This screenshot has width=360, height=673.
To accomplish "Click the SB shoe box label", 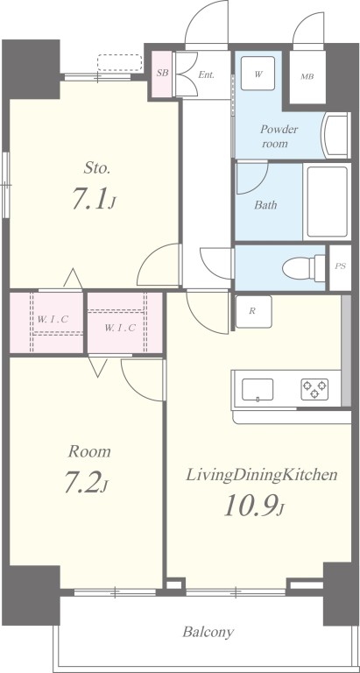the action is coord(162,73).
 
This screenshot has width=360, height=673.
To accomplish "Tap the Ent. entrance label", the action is coord(206,74).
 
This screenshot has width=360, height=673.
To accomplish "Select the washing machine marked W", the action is coord(258,74).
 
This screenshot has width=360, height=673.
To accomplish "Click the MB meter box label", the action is coord(307,77).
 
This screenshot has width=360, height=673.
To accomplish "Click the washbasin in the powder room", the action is coord(336,136).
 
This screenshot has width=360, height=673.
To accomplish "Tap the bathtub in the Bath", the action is coord(328,202).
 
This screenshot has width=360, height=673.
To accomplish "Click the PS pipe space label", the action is coord(340,266).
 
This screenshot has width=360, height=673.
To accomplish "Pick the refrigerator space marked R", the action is coord(254,312).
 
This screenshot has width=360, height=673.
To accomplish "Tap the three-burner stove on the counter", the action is coord(314,389).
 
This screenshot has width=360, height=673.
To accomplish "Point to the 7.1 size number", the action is coord(89,200).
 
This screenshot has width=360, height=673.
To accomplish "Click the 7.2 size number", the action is coord(82,482).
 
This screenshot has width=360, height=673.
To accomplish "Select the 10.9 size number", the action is coord(249,506).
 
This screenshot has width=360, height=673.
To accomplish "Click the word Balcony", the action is coord(208,632).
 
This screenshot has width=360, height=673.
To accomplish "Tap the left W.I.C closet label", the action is coord(53,319).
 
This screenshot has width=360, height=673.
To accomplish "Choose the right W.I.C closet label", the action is coord(120,328).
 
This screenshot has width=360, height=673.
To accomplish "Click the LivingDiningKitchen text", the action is coord(261,475).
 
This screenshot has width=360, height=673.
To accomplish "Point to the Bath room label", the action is coord(265,205).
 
